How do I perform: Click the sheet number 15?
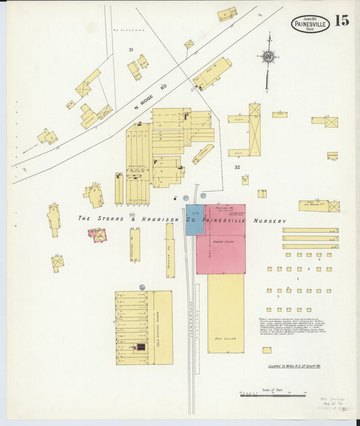(x=342, y=20)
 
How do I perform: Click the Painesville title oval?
(x=310, y=25)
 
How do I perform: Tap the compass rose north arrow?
(x=268, y=57)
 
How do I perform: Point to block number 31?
(x=131, y=50)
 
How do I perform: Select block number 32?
(x=237, y=166)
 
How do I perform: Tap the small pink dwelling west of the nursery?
(x=99, y=236)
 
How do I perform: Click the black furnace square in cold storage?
(x=141, y=347)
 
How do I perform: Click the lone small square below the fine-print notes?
(x=267, y=350)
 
